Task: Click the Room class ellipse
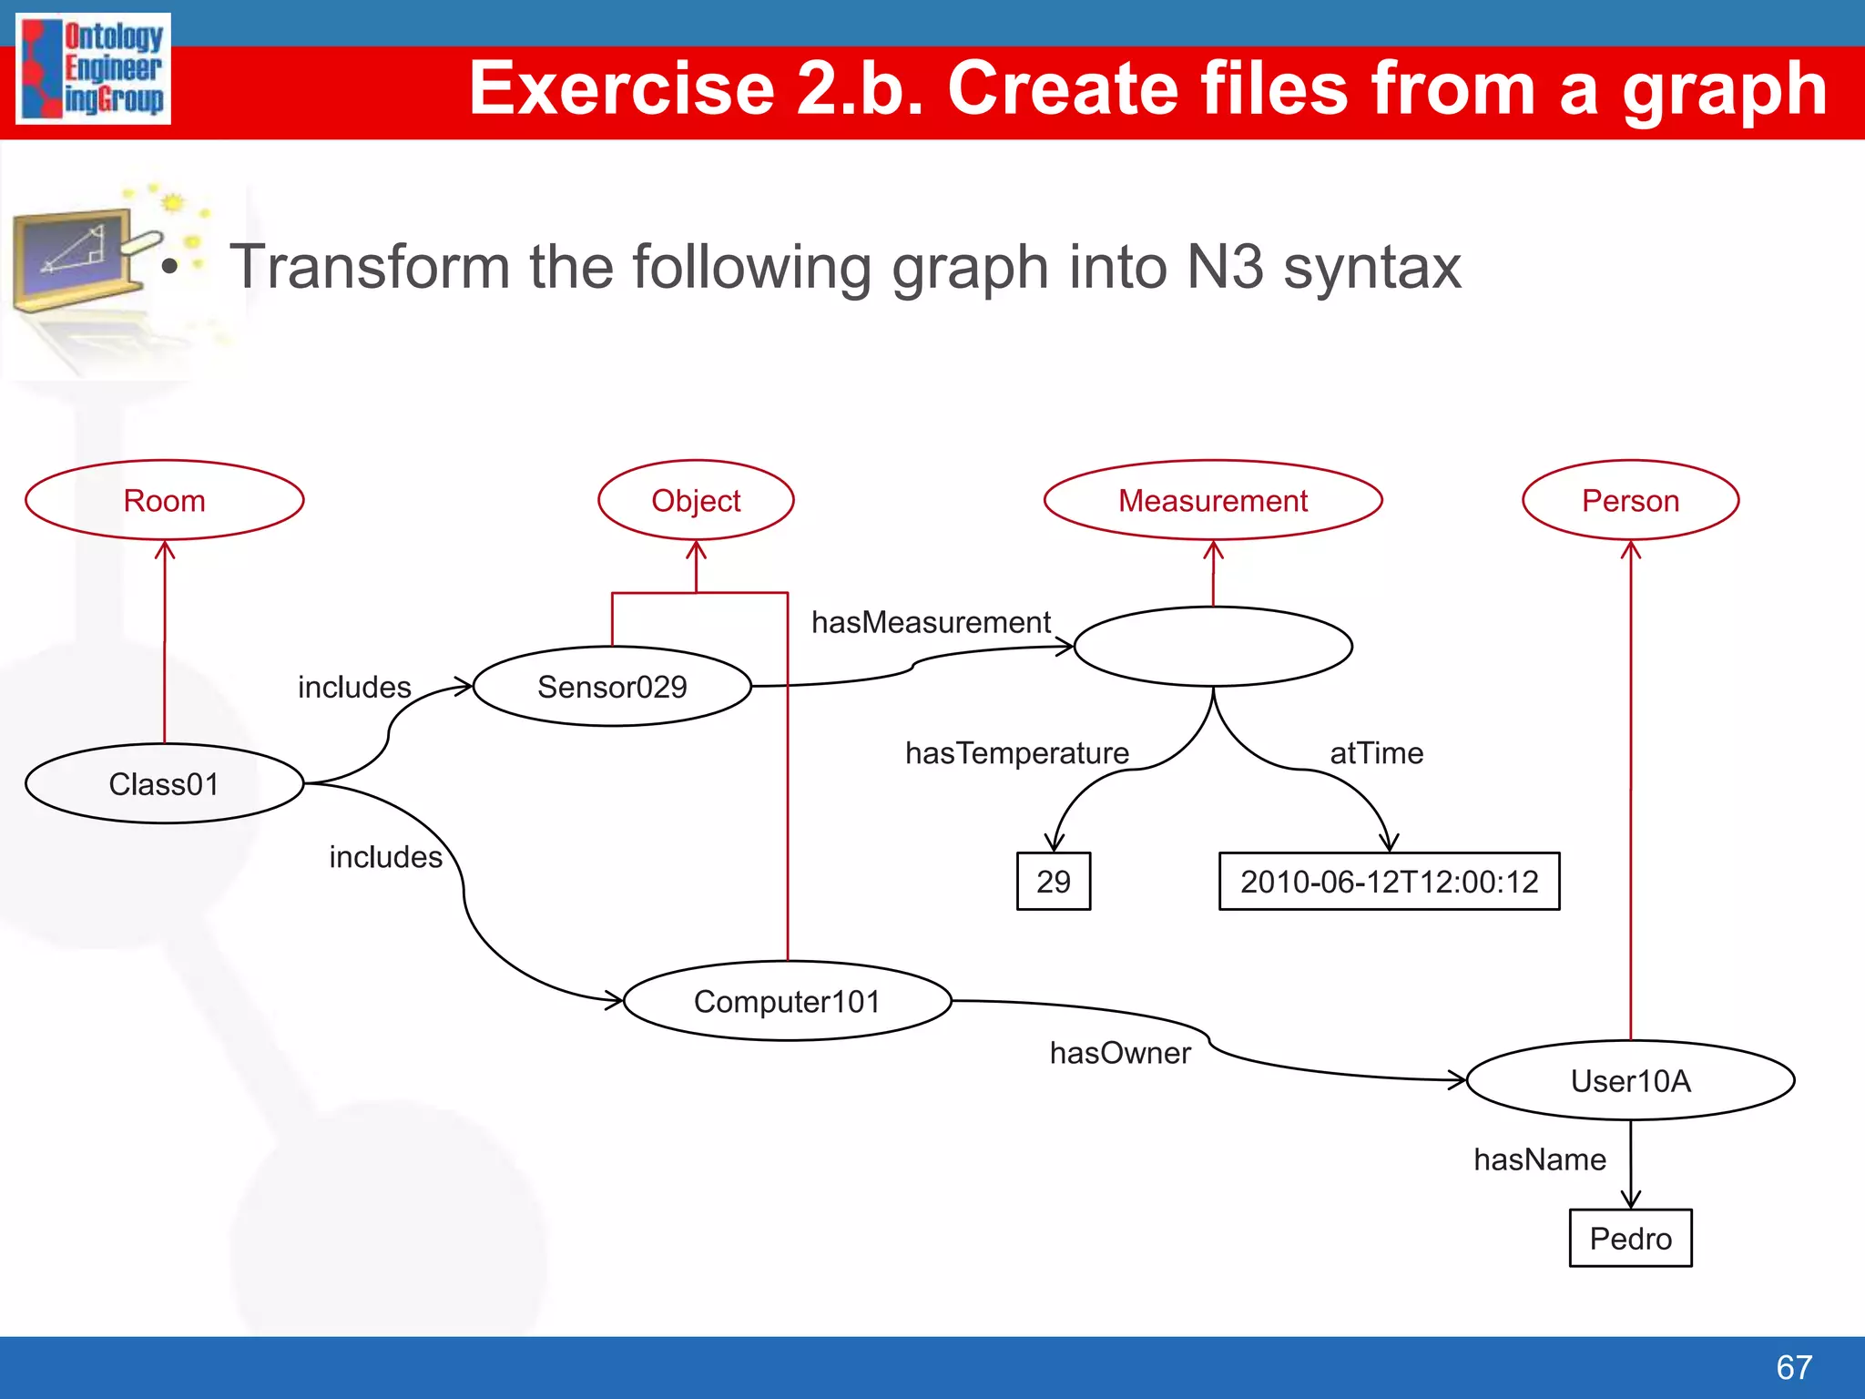(164, 500)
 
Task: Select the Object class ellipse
(696, 500)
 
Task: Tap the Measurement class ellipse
(1212, 500)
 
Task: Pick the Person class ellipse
(1630, 500)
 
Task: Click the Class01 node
(164, 783)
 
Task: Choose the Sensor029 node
(612, 686)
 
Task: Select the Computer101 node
(787, 1001)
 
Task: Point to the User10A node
(1630, 1080)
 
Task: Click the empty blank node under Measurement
(1213, 646)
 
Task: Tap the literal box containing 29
(1054, 881)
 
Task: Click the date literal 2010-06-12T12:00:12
(1389, 881)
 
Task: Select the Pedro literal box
(1630, 1238)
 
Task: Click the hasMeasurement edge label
(931, 622)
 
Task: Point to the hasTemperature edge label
(1016, 752)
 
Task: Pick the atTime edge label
(1376, 752)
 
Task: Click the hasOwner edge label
(1119, 1053)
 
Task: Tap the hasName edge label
(1539, 1159)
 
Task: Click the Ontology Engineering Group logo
(94, 68)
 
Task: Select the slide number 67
(1793, 1366)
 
